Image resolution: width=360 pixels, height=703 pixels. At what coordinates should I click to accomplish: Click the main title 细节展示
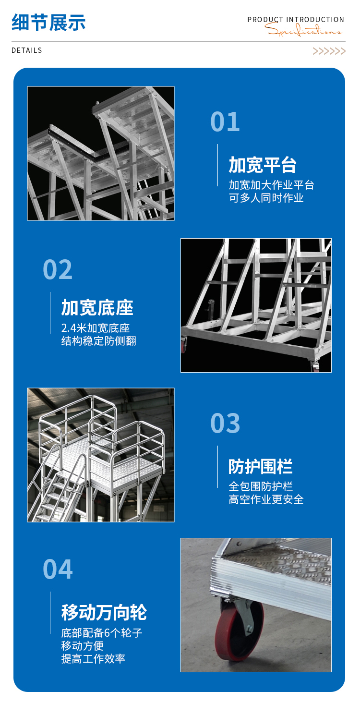click(x=48, y=23)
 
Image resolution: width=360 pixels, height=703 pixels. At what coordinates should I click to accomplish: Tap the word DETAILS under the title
click(x=27, y=50)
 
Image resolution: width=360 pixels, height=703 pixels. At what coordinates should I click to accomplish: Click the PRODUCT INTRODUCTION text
click(x=296, y=20)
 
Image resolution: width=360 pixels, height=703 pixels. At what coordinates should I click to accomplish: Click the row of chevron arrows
click(x=329, y=51)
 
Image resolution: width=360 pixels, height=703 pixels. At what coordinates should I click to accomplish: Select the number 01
click(x=225, y=122)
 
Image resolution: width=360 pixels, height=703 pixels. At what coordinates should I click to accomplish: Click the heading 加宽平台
click(x=263, y=165)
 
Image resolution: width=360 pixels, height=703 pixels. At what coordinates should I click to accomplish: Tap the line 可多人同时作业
click(x=266, y=198)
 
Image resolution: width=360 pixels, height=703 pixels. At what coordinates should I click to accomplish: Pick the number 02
click(x=58, y=269)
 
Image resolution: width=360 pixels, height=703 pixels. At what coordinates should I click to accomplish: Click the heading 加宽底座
click(x=97, y=307)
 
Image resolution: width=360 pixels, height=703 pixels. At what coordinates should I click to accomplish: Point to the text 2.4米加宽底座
click(x=96, y=328)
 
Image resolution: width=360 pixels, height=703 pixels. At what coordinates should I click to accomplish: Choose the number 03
click(x=225, y=423)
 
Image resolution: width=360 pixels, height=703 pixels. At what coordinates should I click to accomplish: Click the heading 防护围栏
click(x=261, y=466)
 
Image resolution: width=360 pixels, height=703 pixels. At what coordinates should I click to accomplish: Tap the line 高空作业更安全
click(x=266, y=499)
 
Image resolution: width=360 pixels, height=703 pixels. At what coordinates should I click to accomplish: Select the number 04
click(x=58, y=570)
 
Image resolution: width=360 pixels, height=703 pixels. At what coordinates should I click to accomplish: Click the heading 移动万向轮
click(x=104, y=612)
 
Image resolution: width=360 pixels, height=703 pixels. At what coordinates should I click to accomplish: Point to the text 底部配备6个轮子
click(x=102, y=633)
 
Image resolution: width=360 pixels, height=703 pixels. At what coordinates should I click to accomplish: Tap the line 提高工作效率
click(x=93, y=659)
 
